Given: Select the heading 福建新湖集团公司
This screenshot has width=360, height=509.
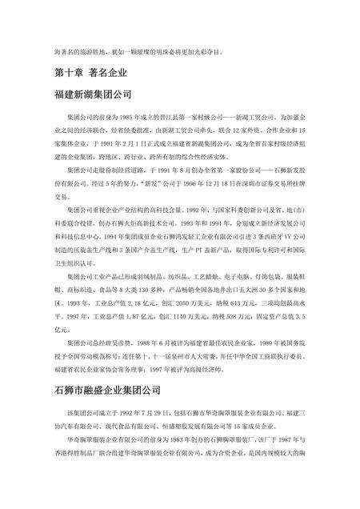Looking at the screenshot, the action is [x=97, y=96].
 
